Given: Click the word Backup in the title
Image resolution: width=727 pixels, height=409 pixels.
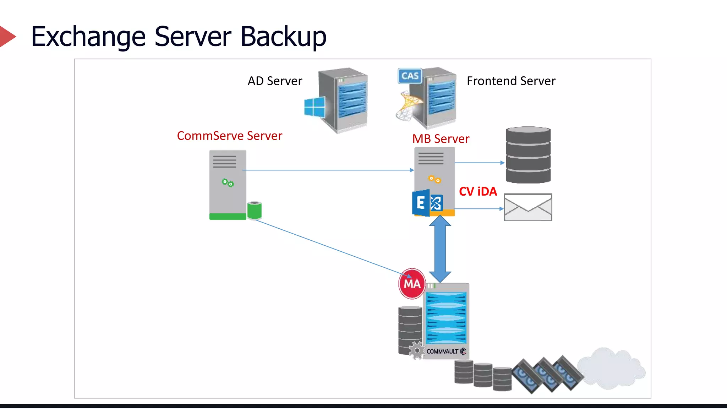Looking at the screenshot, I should [283, 37].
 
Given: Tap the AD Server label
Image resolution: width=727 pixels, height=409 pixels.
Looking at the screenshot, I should [275, 81].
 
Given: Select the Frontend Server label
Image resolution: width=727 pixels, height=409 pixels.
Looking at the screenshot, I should [511, 81].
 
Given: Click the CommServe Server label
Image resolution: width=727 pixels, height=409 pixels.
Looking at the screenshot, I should [229, 136].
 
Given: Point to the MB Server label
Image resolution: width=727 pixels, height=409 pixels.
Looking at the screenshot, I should [441, 139].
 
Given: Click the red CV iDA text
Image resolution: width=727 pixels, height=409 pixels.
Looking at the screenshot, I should [478, 192].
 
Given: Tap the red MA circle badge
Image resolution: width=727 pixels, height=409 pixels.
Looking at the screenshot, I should [412, 284].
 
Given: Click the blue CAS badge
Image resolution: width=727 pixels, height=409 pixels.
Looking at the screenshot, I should [410, 76].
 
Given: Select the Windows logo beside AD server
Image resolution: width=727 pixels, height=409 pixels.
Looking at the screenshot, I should [315, 107].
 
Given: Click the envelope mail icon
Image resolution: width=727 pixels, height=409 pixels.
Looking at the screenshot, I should [528, 207].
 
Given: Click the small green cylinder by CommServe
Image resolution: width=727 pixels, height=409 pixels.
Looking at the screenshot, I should [254, 210].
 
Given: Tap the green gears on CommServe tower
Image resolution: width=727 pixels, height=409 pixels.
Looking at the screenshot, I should [228, 183].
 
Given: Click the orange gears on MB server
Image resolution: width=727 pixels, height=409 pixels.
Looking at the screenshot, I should [434, 179].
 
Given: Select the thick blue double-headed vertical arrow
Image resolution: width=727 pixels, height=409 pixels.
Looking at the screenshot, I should [440, 249].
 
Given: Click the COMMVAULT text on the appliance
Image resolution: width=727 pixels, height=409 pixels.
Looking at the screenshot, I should [442, 351].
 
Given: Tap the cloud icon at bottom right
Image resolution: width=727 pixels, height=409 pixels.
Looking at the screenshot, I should [611, 369].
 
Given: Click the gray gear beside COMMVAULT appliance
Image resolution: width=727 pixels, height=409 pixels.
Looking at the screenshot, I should [417, 351].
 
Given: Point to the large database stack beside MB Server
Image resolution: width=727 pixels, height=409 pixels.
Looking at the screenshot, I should [528, 155].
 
